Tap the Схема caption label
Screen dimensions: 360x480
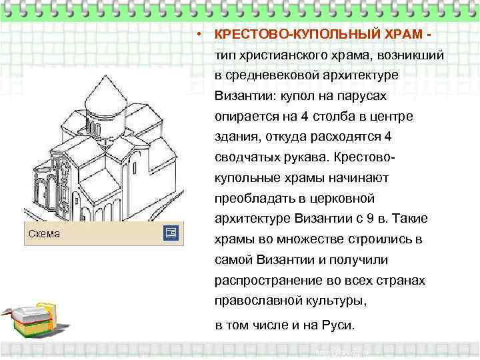44,233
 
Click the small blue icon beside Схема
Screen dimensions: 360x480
170,233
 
